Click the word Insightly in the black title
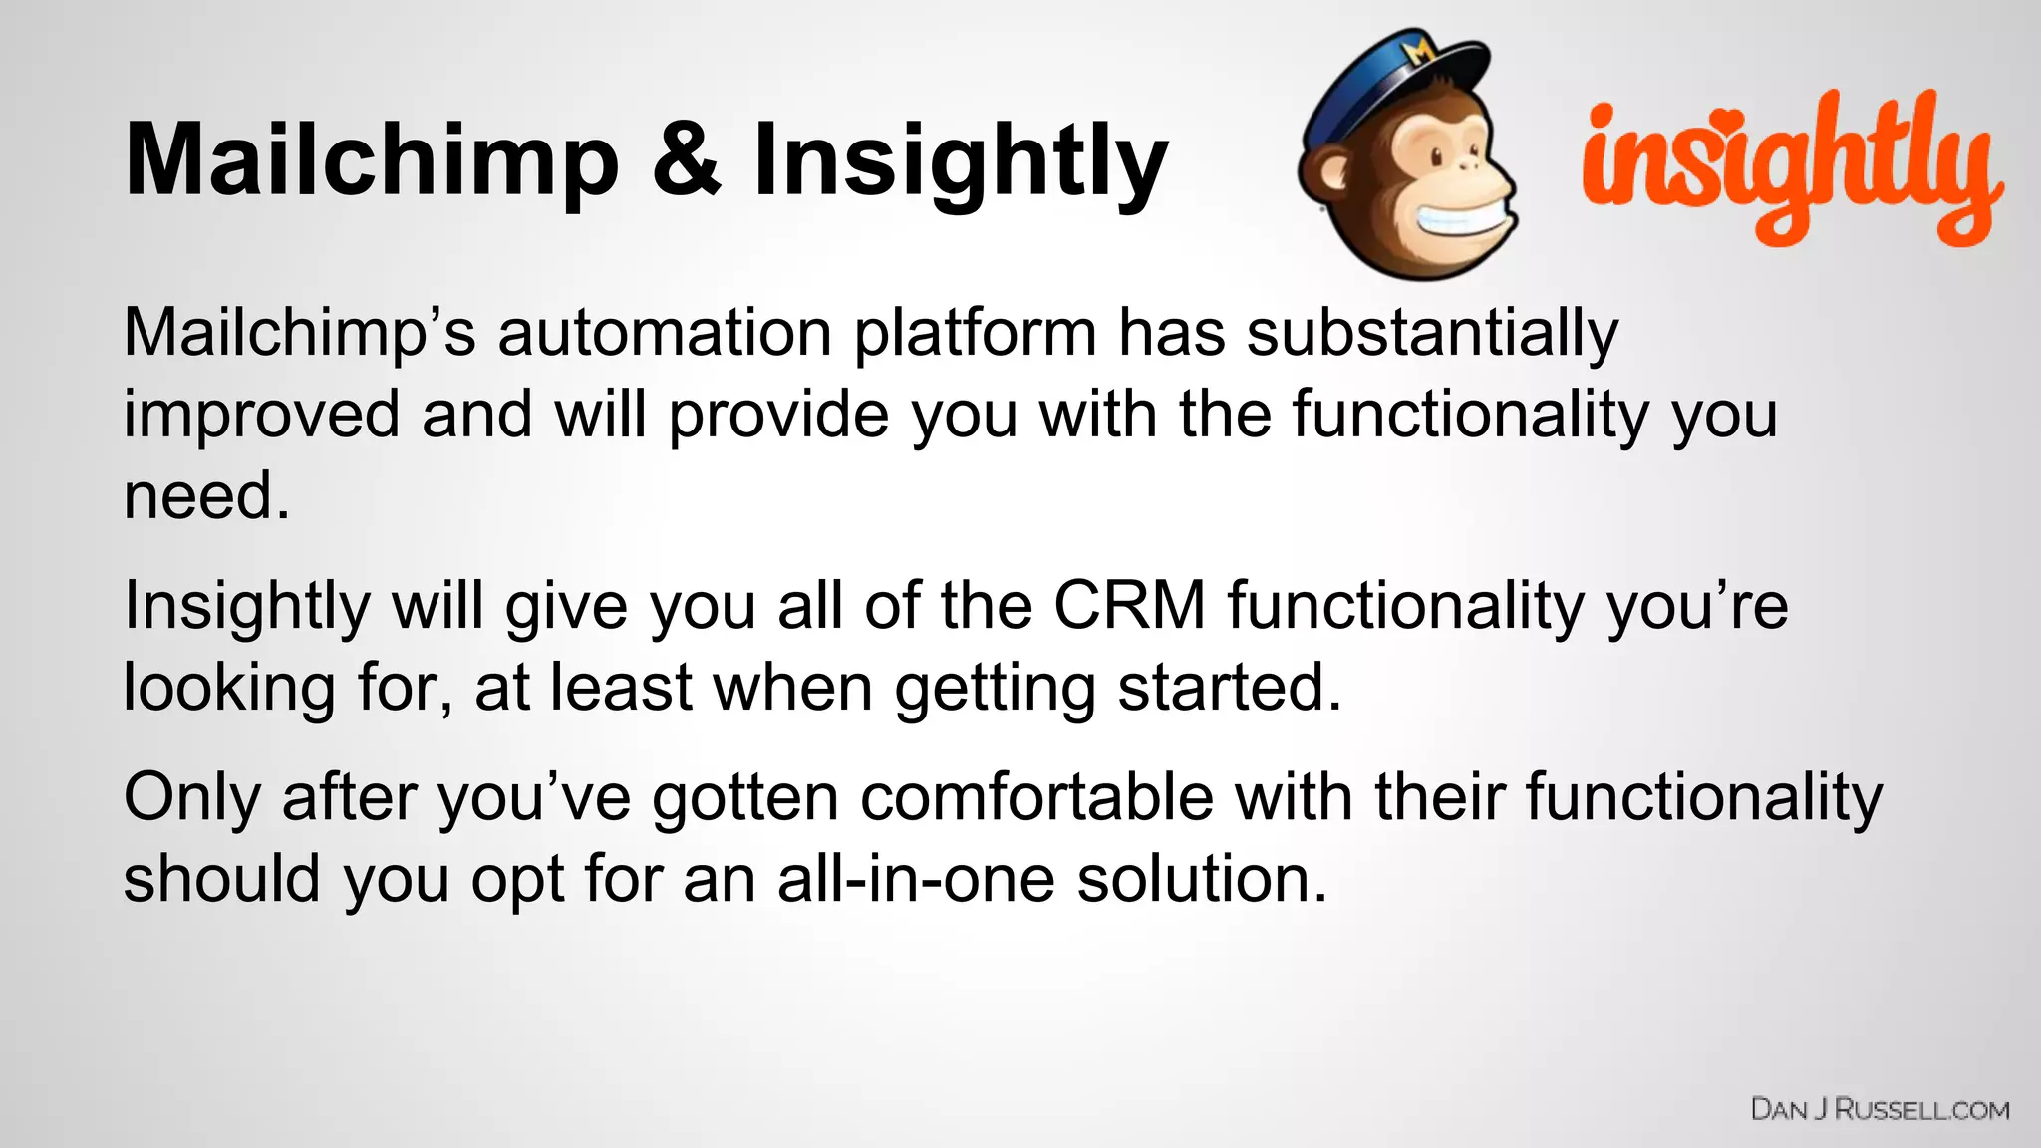click(960, 161)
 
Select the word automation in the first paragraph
click(664, 333)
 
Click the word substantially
click(1432, 333)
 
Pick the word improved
click(261, 415)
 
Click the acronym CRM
click(1129, 605)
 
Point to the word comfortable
click(1036, 798)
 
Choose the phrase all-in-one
click(915, 880)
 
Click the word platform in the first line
click(975, 333)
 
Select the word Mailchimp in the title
click(372, 161)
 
